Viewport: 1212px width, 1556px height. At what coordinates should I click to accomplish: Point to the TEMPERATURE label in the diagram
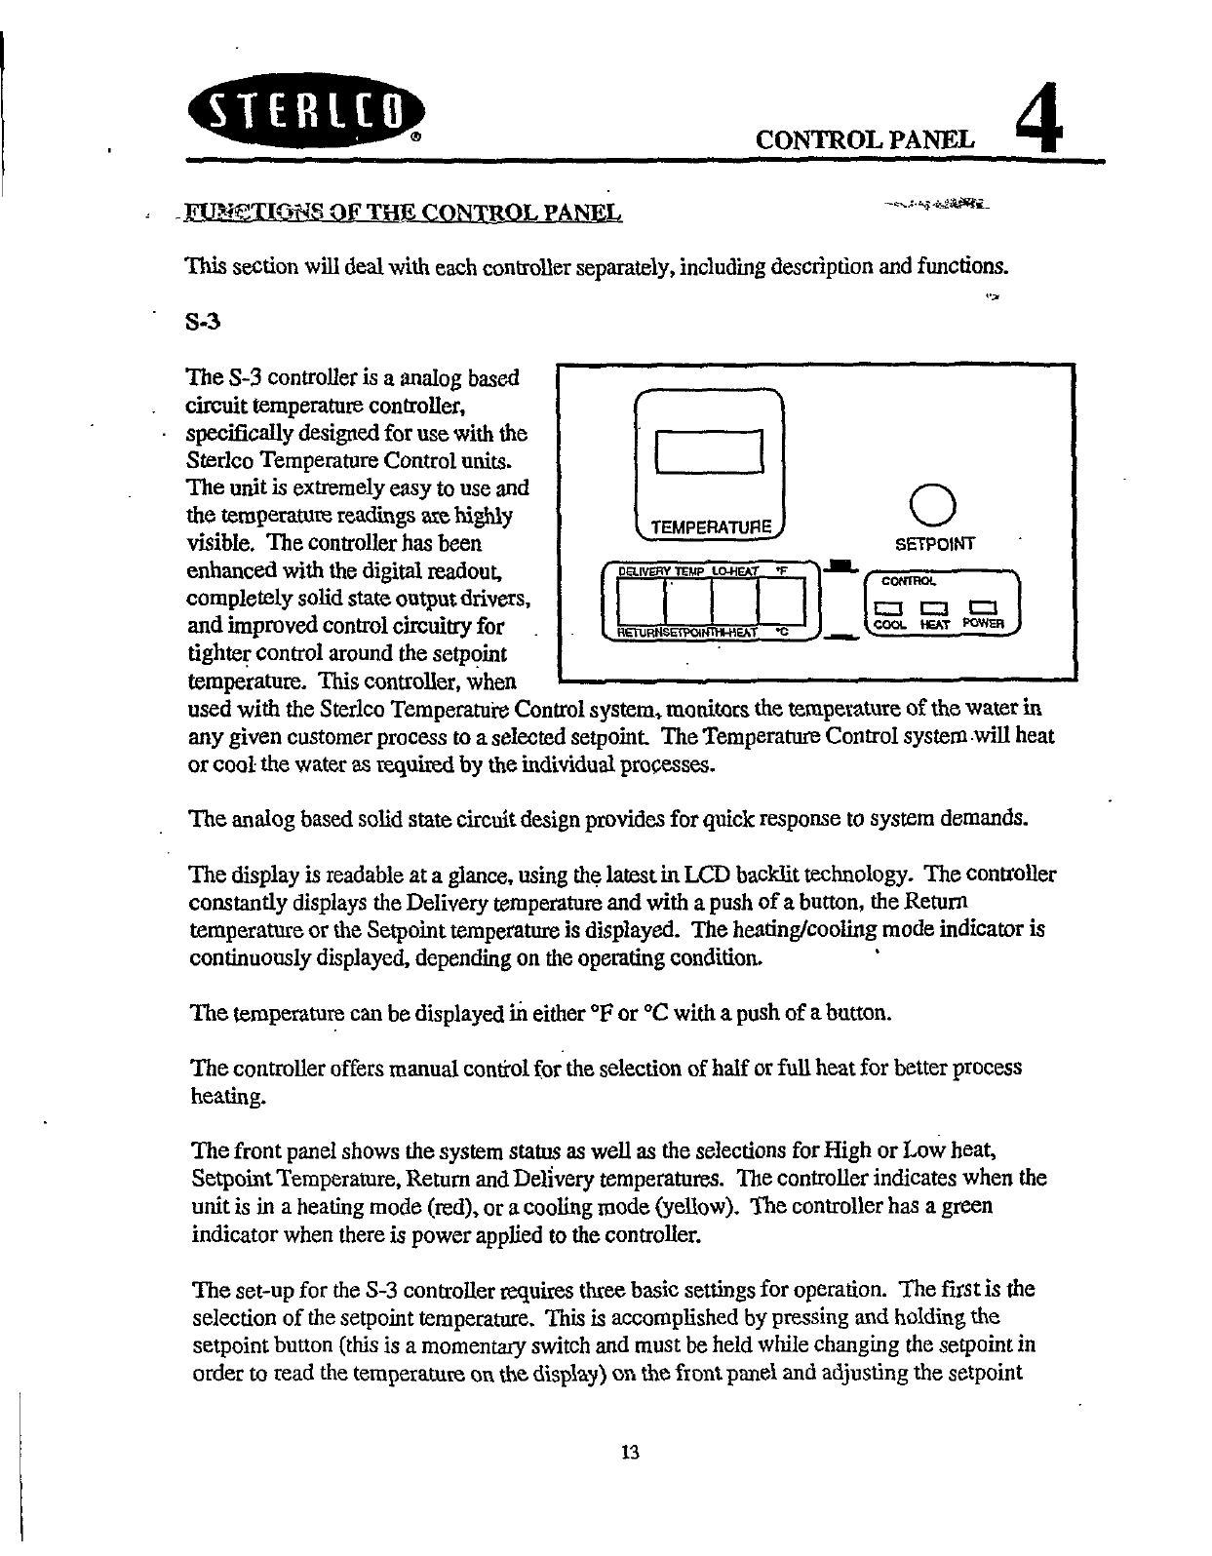click(711, 527)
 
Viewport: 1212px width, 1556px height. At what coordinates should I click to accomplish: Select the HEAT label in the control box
click(935, 624)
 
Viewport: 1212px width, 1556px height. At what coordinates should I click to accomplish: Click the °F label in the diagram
click(781, 570)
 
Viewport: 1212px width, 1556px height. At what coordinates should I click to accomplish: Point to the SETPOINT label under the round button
click(933, 544)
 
